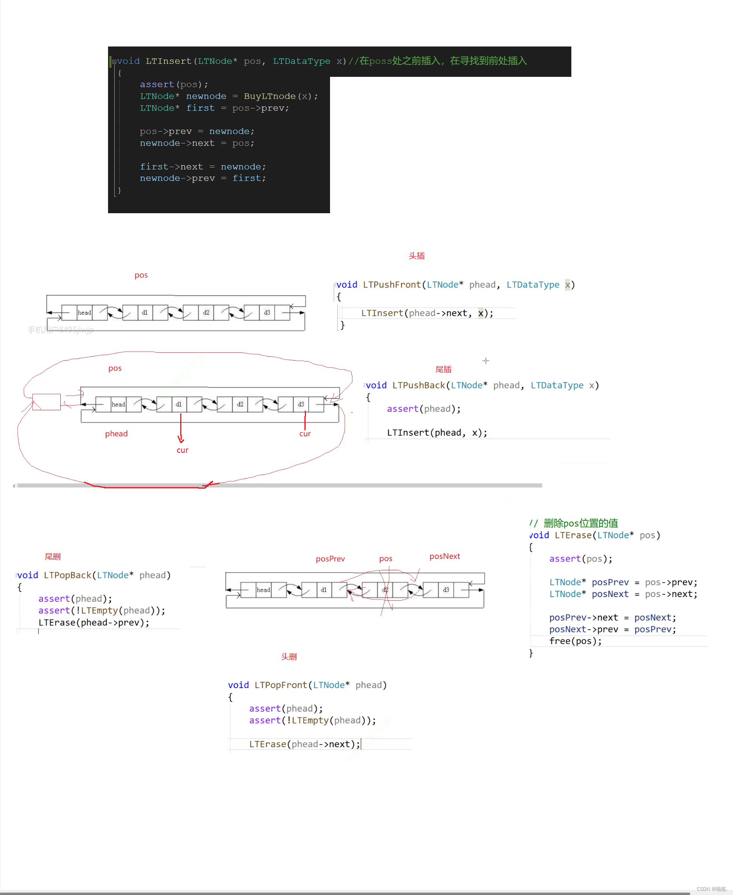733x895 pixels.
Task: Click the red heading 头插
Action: (x=416, y=256)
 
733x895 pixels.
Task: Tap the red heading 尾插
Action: (x=443, y=369)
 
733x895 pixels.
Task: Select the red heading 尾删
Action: (x=53, y=556)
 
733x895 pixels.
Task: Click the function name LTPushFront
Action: (x=392, y=285)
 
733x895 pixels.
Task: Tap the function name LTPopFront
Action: (x=281, y=685)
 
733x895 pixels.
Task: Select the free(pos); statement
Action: (x=575, y=641)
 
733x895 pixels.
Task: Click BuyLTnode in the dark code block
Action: (x=269, y=96)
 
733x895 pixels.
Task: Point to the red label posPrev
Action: (x=330, y=559)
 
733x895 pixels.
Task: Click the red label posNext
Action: (x=445, y=556)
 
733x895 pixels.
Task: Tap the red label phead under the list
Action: (x=116, y=434)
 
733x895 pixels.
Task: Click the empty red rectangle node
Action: (x=47, y=402)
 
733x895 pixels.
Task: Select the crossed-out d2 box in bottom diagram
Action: (x=385, y=590)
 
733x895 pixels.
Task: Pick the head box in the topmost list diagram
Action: (x=84, y=313)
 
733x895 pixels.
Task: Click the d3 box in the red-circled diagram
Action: (x=300, y=404)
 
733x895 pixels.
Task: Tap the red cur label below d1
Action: (x=183, y=450)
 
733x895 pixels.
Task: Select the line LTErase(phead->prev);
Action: (x=94, y=622)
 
